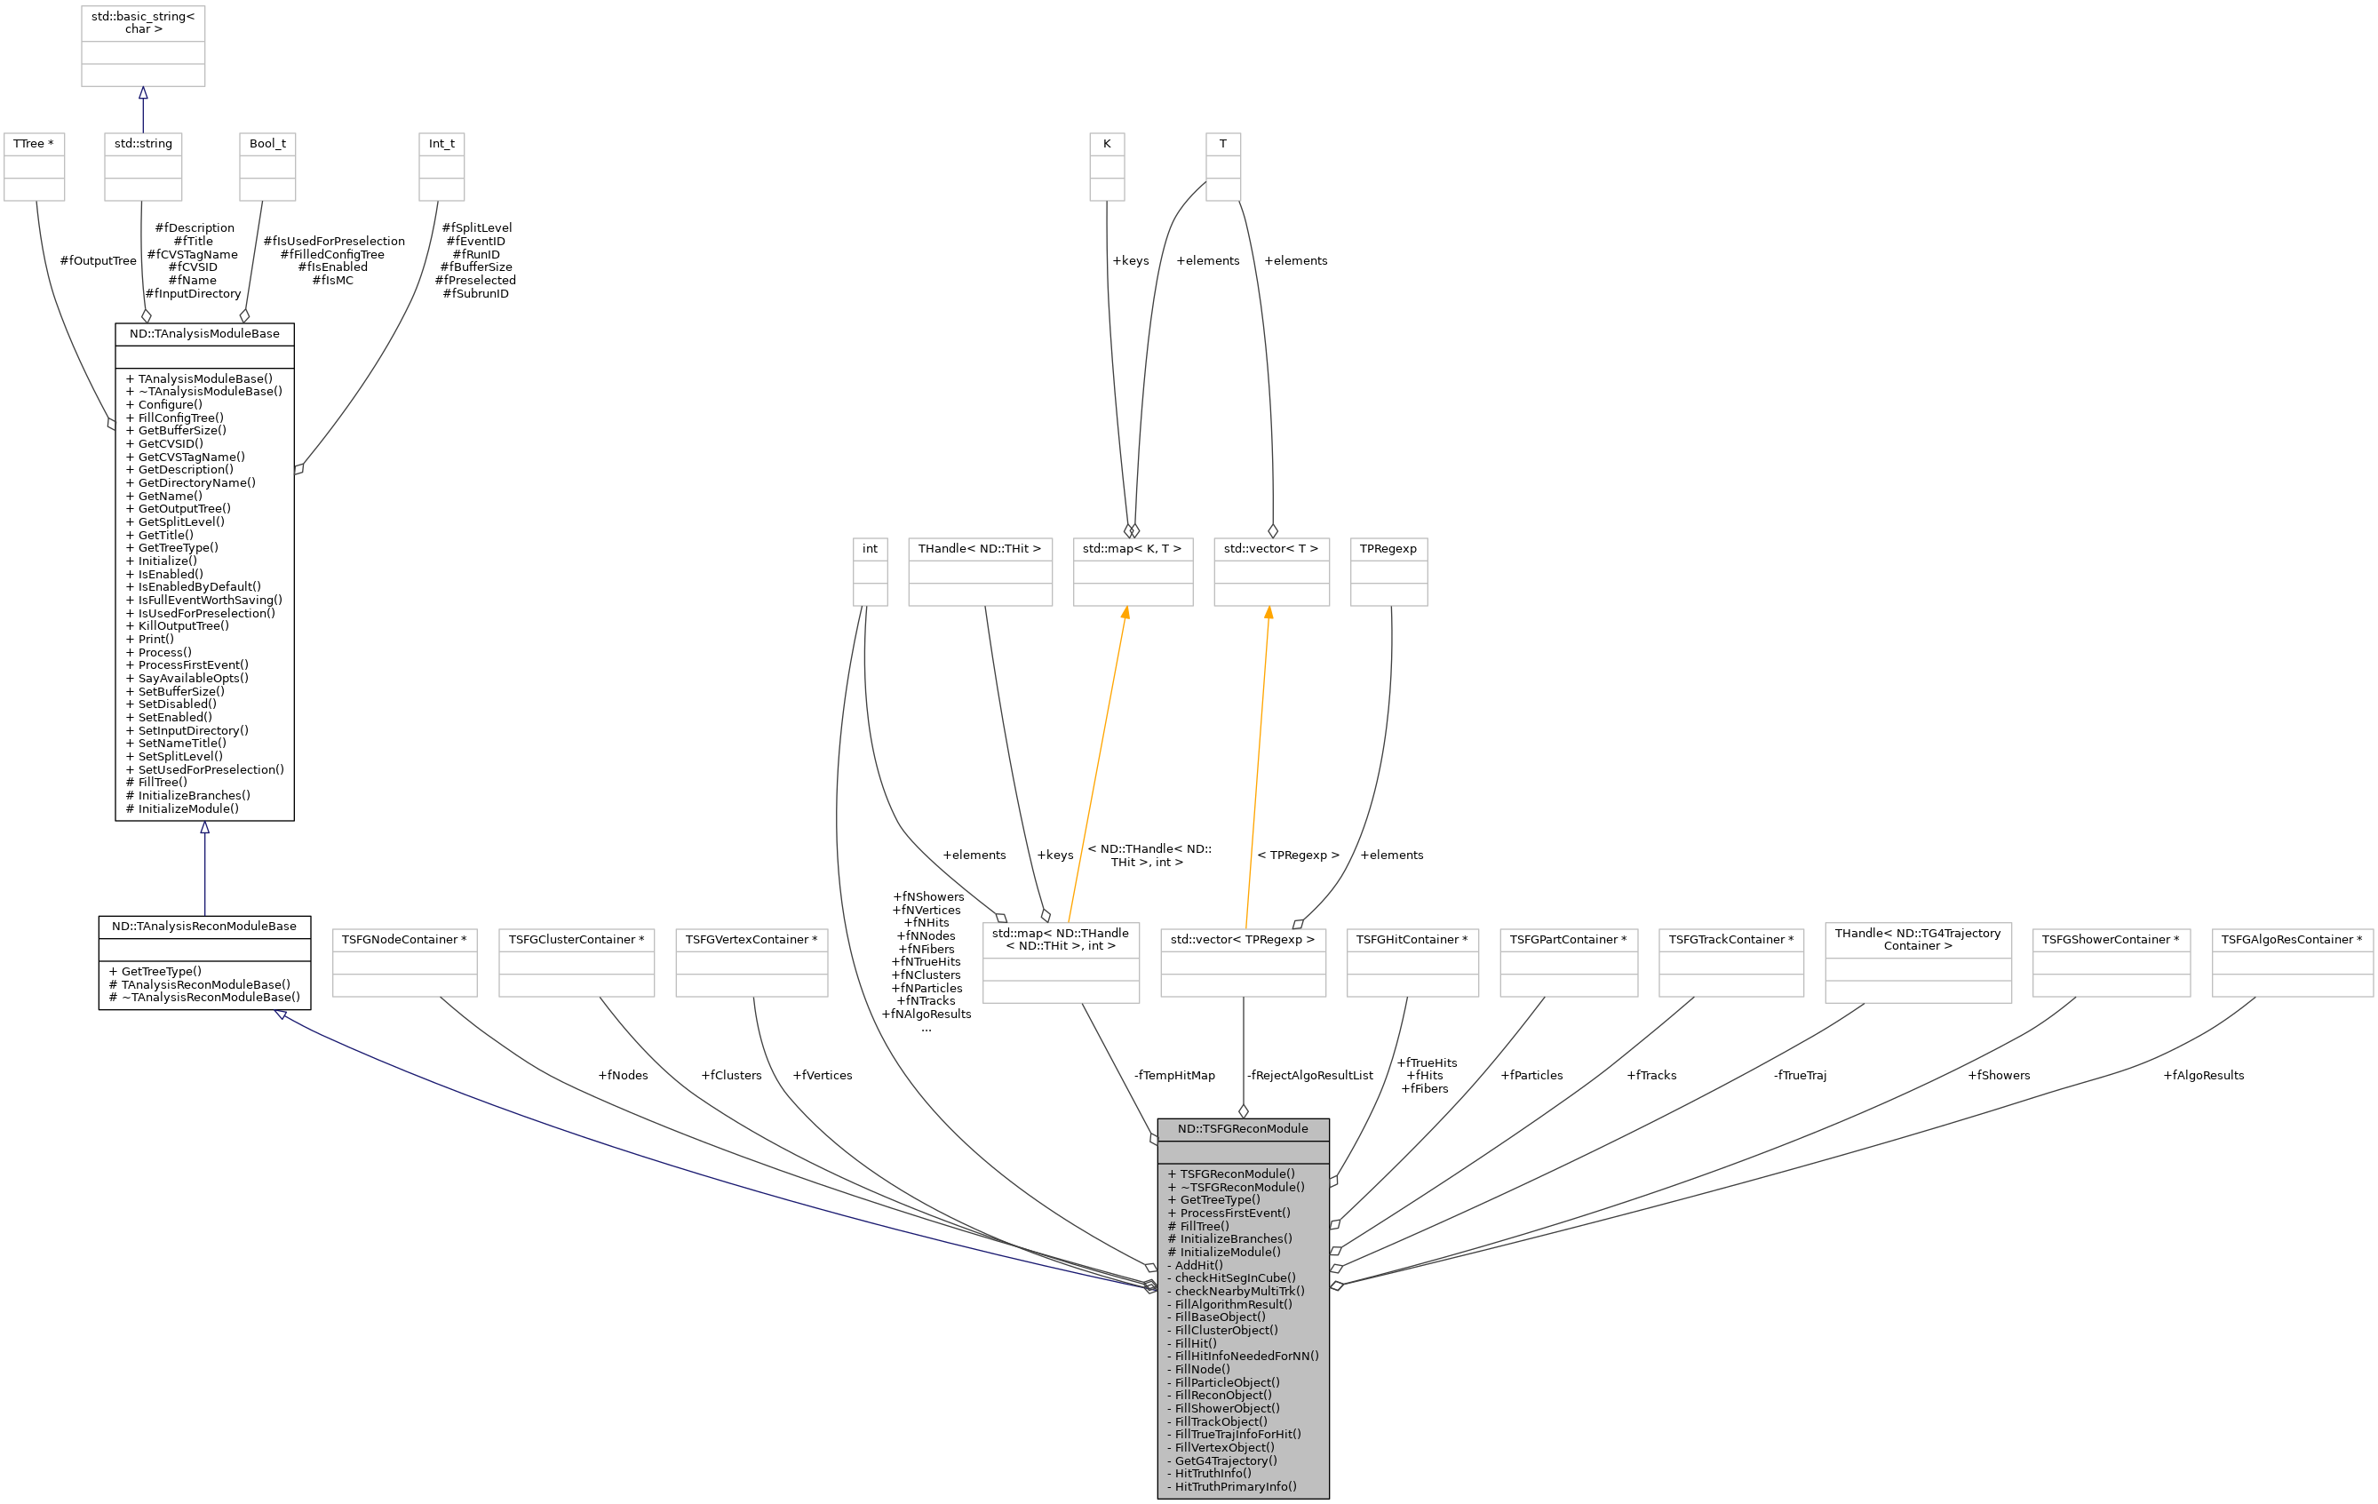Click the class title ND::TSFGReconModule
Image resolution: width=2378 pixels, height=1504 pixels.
tap(1243, 1129)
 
